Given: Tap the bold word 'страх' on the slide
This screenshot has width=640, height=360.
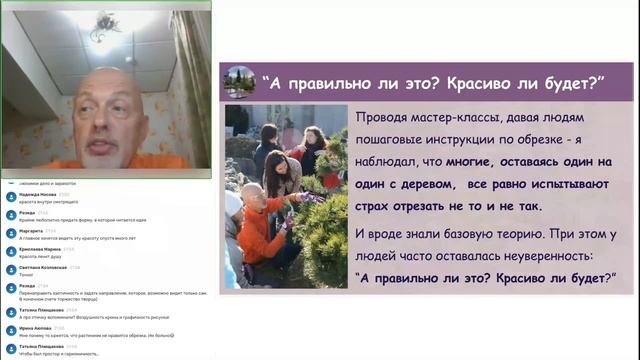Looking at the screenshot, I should point(374,206).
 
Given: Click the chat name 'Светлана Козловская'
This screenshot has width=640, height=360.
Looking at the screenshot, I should point(41,268).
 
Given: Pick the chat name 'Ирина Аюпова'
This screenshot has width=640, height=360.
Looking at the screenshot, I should point(33,327).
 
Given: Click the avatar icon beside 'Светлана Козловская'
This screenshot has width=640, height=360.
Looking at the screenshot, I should point(9,271).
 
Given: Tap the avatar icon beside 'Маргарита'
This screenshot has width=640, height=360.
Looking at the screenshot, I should point(9,232).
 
